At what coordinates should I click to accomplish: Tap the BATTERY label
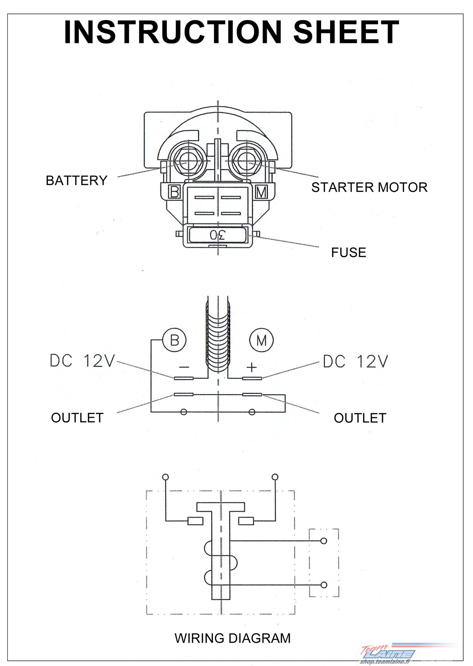click(77, 181)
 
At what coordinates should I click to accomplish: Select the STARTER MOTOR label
click(369, 187)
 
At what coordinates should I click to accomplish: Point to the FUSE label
click(348, 253)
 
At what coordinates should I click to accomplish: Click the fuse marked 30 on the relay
click(218, 235)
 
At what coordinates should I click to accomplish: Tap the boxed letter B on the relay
click(174, 192)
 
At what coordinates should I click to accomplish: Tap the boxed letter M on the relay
click(261, 192)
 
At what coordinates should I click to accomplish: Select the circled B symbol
click(175, 340)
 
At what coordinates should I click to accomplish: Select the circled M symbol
click(261, 340)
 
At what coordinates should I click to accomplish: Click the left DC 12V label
click(82, 361)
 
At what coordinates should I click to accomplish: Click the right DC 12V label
click(355, 361)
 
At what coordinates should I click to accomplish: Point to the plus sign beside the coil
click(252, 367)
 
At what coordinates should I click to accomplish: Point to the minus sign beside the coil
click(184, 367)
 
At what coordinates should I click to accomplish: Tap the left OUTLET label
click(77, 418)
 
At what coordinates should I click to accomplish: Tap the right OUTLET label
click(360, 418)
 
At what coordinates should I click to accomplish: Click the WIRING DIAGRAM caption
click(233, 638)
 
